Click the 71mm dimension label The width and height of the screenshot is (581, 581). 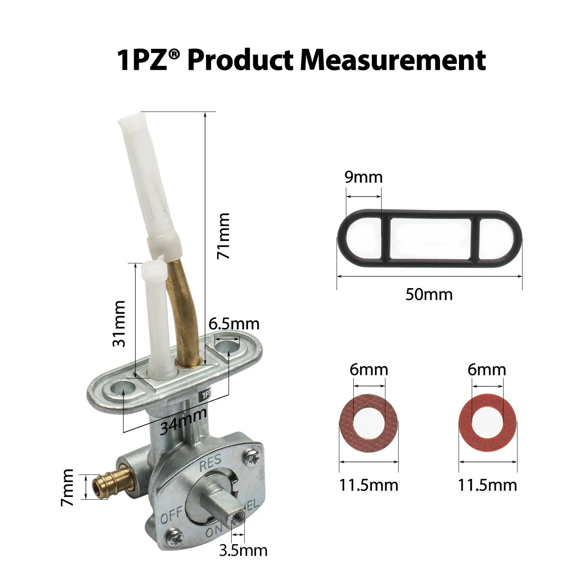223,236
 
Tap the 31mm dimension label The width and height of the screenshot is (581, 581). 119,323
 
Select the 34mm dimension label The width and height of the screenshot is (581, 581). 183,422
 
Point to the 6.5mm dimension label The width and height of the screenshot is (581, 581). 234,324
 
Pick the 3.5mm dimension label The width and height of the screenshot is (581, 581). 243,550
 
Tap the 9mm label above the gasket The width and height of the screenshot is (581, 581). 363,177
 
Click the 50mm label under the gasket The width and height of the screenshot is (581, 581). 429,295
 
